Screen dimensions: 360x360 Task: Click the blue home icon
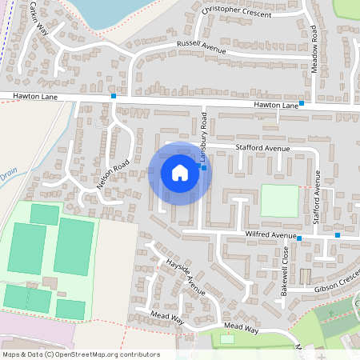180,173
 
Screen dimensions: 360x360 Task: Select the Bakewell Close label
285,268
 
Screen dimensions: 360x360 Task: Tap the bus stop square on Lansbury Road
204,168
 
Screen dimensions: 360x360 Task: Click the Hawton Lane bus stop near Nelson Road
114,96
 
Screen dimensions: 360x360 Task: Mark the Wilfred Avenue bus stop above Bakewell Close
299,238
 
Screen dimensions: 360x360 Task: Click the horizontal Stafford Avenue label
262,148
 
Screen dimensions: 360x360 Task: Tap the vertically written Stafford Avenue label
317,195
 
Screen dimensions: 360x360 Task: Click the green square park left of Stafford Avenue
278,201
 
